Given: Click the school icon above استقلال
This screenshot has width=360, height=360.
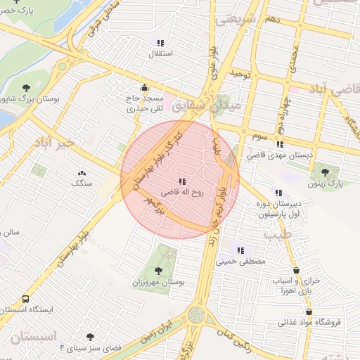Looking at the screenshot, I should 161,42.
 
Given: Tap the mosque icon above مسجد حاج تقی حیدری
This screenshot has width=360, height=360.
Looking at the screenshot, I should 144,88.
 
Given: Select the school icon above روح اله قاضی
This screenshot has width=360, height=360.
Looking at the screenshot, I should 183,181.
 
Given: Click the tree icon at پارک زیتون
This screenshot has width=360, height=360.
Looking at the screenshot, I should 324,171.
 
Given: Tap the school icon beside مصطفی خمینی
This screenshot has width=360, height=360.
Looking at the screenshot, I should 241,250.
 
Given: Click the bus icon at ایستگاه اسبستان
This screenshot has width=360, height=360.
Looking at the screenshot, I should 26,308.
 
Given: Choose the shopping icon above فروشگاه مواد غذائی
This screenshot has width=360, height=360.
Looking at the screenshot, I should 309,311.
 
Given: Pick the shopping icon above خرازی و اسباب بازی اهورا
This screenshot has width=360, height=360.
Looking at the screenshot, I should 296,269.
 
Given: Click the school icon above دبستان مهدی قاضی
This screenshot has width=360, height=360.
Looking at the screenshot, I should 280,144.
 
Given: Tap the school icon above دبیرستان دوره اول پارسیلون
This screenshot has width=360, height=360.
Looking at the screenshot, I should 279,192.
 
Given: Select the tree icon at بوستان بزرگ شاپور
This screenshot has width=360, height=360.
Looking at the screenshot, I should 27,88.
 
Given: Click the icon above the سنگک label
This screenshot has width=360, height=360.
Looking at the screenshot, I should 81,172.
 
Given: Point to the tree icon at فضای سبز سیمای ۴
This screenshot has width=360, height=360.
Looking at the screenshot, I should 89,337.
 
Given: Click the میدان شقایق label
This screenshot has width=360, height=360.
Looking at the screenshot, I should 211,105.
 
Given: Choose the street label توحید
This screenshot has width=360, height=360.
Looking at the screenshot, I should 240,72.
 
